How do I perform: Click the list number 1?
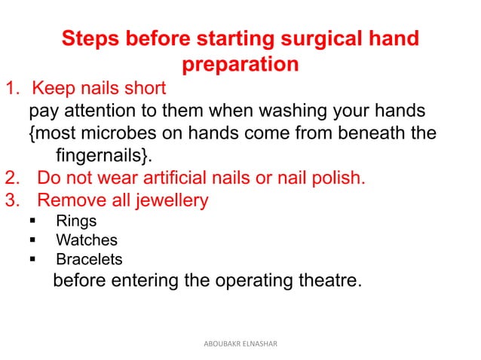pos(12,90)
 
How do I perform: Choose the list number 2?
pos(12,179)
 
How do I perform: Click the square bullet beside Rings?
pos(33,222)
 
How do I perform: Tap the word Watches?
pos(87,241)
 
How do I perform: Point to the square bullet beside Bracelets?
pos(33,260)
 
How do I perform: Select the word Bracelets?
pos(90,260)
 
